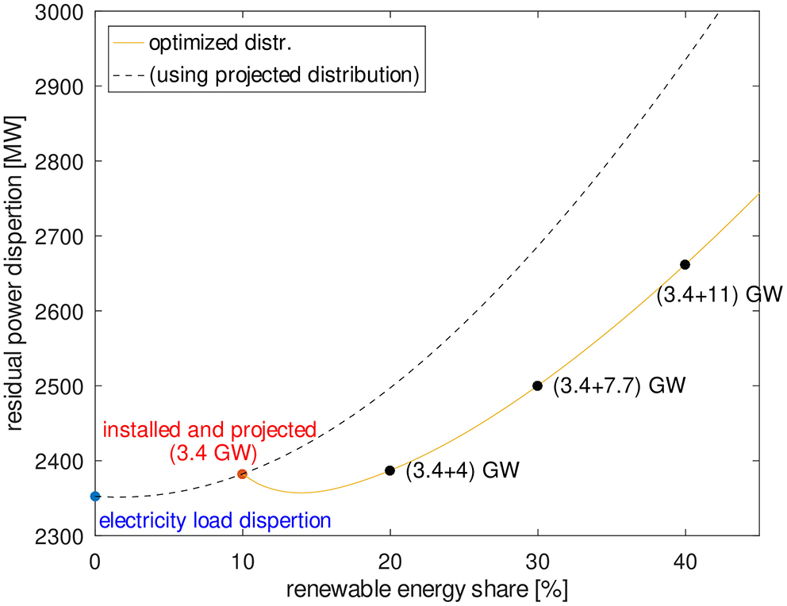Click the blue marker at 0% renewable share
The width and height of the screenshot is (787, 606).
[95, 497]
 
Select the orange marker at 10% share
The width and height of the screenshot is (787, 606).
[243, 474]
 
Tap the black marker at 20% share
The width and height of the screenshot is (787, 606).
[390, 470]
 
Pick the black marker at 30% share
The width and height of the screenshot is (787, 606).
[537, 385]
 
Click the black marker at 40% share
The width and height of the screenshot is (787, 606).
[685, 264]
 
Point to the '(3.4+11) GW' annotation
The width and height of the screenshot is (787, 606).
[720, 295]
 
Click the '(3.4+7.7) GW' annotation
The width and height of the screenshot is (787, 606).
[619, 386]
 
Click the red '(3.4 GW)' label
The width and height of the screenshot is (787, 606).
[208, 454]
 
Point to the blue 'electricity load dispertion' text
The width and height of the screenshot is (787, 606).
[214, 521]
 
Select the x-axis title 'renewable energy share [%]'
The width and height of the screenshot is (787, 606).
[427, 590]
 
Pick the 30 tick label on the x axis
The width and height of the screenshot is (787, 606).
[537, 558]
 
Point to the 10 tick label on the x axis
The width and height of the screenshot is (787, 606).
[243, 558]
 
